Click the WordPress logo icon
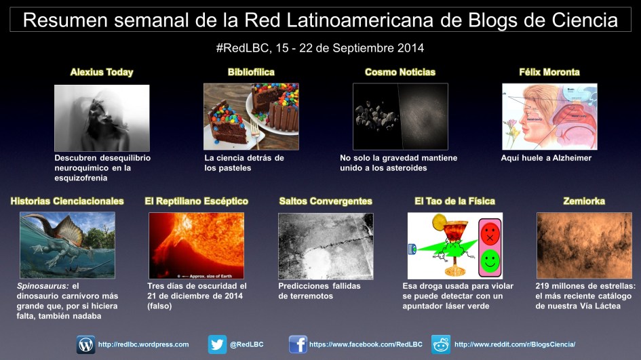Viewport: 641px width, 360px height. coord(86,344)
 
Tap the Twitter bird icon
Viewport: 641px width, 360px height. coord(218,344)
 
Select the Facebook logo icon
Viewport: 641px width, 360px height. coord(298,344)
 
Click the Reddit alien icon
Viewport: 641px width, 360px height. coord(441,344)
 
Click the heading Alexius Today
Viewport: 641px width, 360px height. coord(102,72)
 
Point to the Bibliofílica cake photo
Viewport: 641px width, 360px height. coord(251,117)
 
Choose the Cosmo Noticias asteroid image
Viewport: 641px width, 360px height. coord(400,117)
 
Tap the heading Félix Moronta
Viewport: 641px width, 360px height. coord(549,72)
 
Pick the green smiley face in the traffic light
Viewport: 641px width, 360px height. coord(488,260)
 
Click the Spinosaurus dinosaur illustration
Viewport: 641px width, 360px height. coord(67,245)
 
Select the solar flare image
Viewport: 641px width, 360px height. coord(197,245)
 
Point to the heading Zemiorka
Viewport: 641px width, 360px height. coord(584,201)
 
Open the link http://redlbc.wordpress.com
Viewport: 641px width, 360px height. coord(143,344)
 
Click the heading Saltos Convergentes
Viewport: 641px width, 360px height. coord(326,201)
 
